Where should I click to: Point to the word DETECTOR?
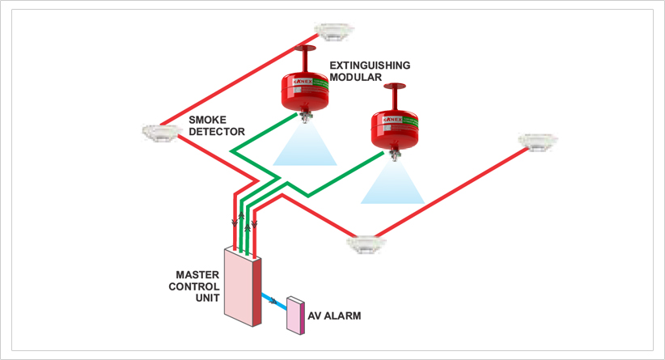coord(216,131)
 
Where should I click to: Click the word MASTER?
coord(197,274)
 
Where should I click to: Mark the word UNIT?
coord(208,299)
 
